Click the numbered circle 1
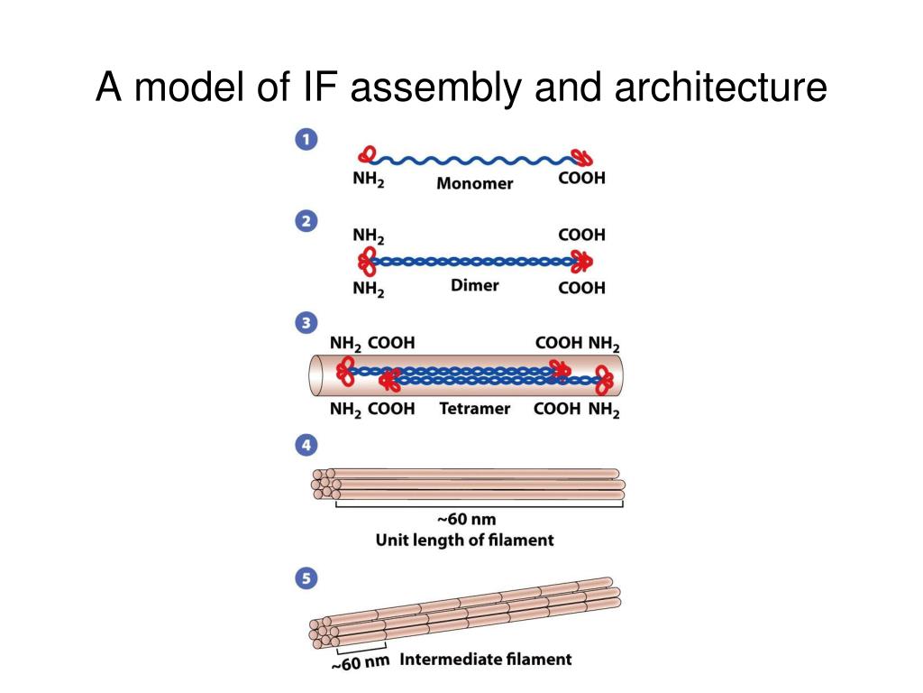click(306, 140)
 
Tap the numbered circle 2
click(306, 222)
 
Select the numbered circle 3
click(306, 323)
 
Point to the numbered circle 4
click(306, 445)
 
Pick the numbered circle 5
click(306, 578)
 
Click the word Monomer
click(474, 183)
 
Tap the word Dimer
click(474, 285)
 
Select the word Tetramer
click(474, 409)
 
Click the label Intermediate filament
click(486, 659)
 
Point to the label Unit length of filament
click(464, 540)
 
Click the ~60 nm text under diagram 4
click(466, 519)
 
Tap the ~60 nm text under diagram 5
click(361, 662)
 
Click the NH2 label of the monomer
click(369, 179)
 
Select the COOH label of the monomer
click(581, 178)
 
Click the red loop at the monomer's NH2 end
click(367, 154)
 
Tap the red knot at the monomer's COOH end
click(583, 157)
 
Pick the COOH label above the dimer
click(581, 235)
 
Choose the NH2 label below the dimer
click(369, 289)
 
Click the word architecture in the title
click(720, 88)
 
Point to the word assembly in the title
click(435, 88)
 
